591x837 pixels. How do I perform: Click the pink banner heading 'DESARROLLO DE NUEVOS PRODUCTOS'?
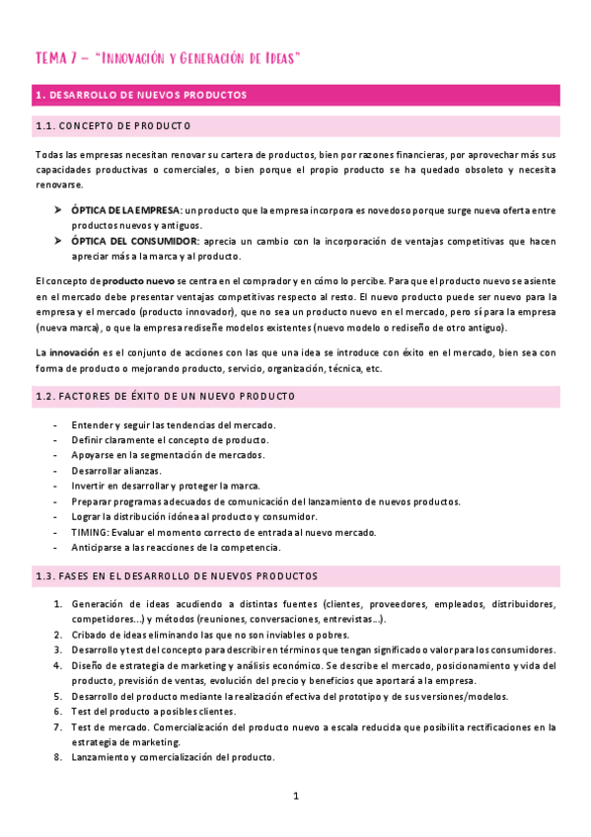[x=148, y=95]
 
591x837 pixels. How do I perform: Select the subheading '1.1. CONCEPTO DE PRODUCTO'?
[x=113, y=126]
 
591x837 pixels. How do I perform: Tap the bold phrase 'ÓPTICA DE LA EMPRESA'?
[x=125, y=211]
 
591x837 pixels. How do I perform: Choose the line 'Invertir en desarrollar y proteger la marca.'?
[x=166, y=486]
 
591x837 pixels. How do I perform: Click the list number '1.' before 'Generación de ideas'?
[x=58, y=604]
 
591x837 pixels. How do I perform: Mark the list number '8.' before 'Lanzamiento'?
[x=58, y=758]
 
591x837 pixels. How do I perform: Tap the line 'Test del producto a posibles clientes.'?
[x=154, y=712]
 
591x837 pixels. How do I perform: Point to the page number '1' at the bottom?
[x=295, y=795]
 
